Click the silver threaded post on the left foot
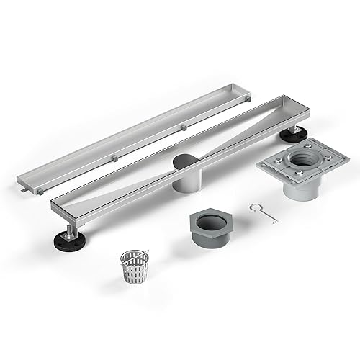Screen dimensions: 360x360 click(x=70, y=230)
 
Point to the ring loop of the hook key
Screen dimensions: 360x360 click(x=254, y=207)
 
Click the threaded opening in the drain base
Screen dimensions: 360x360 click(x=297, y=158)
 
